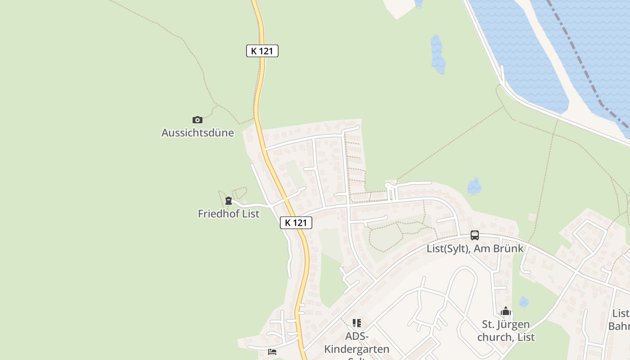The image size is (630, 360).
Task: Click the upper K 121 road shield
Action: (262, 51)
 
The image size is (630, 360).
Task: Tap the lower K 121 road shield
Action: (296, 222)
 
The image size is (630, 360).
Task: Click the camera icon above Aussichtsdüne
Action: (197, 120)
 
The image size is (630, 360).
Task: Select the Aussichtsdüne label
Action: (198, 133)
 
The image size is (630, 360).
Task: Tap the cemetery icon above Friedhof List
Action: (229, 201)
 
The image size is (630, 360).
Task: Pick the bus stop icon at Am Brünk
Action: (475, 235)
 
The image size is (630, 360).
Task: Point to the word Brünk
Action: (508, 248)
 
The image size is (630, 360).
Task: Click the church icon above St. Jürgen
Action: (506, 311)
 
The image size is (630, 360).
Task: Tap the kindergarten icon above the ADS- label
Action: (357, 323)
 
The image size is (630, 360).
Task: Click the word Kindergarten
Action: (357, 349)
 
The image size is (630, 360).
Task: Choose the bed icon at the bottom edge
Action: (272, 352)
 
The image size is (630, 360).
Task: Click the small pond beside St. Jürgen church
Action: (524, 301)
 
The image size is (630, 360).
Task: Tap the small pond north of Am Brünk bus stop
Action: (474, 186)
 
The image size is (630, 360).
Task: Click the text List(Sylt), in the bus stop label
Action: (448, 248)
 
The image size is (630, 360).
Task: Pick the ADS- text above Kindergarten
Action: (357, 336)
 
